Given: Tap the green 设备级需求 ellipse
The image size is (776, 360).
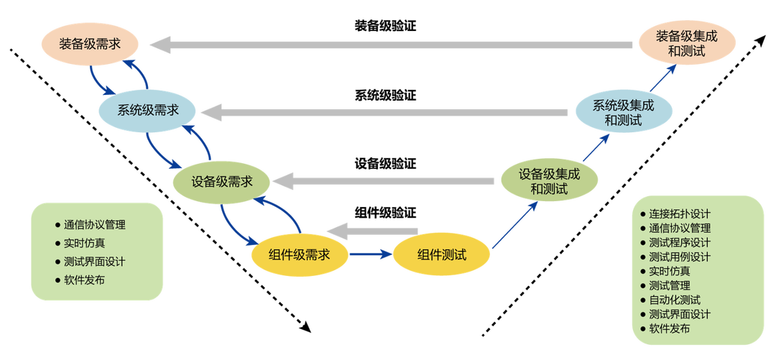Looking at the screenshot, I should coord(221,182).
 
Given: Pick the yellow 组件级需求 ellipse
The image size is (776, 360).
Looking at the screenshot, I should coord(299,254).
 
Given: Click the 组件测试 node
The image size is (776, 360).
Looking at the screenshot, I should coord(441,254).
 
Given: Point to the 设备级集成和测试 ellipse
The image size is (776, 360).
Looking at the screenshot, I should coord(549,181).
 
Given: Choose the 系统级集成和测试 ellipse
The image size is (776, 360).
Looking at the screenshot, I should coord(623,112).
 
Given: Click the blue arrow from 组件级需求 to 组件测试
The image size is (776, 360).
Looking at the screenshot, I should coord(370,254).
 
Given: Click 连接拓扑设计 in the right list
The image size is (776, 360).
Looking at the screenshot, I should coord(679,213).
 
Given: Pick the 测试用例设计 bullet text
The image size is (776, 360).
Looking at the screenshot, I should coord(679,257).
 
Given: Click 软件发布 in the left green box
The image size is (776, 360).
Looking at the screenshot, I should coord(83,280).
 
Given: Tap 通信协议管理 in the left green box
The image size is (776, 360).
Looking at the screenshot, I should coord(94,223).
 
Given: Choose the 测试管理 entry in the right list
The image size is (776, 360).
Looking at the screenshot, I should coord(669,285).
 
